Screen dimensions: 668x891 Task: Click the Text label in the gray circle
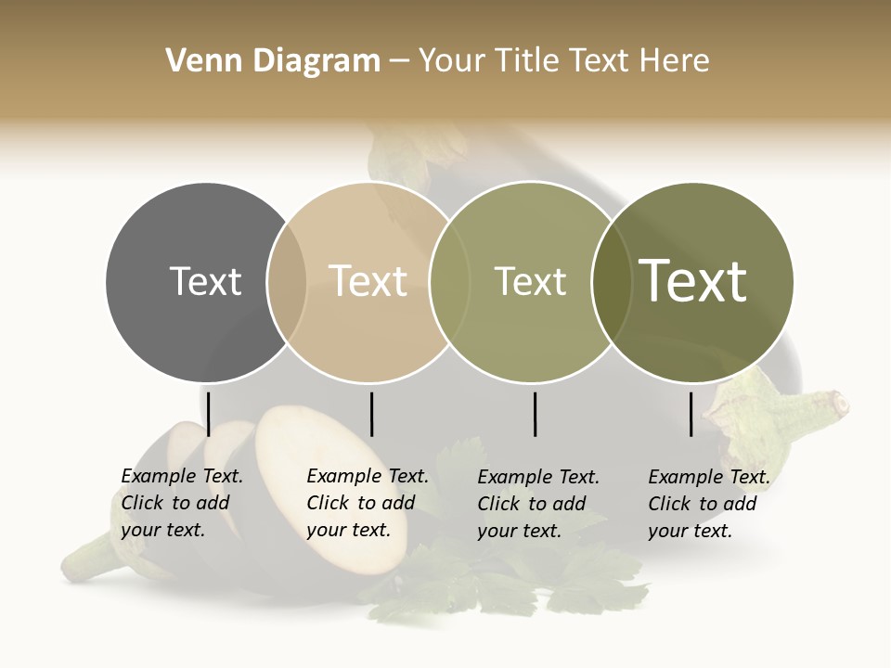pyautogui.click(x=205, y=281)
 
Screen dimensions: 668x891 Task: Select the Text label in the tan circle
pyautogui.click(x=368, y=281)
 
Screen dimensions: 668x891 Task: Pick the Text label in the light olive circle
pyautogui.click(x=530, y=281)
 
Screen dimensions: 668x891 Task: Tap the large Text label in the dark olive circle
pyautogui.click(x=693, y=281)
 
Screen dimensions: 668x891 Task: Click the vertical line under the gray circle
pyautogui.click(x=209, y=414)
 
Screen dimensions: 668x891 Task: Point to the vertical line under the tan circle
pyautogui.click(x=371, y=414)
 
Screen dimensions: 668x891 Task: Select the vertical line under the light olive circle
pyautogui.click(x=535, y=414)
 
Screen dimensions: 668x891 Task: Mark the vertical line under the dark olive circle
pyautogui.click(x=691, y=414)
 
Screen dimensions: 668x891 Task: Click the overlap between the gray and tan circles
pyautogui.click(x=287, y=281)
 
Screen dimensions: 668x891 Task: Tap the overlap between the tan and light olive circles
pyautogui.click(x=449, y=281)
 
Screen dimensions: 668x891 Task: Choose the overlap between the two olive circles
pyautogui.click(x=611, y=281)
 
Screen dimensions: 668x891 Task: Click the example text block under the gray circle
pyautogui.click(x=181, y=503)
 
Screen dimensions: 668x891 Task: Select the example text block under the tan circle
pyautogui.click(x=367, y=503)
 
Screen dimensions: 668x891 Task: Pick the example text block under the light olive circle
pyautogui.click(x=537, y=504)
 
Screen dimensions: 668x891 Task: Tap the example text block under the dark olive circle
pyautogui.click(x=708, y=504)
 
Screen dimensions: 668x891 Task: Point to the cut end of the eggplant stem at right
pyautogui.click(x=840, y=404)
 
